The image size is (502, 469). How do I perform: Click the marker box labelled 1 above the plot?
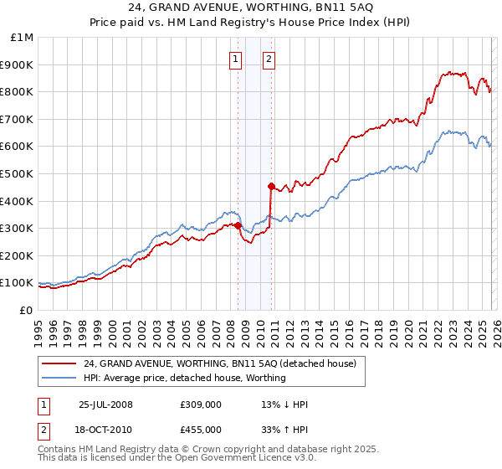tap(236, 59)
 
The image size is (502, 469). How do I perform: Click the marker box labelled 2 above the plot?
tap(269, 59)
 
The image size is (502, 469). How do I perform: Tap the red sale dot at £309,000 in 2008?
tap(238, 225)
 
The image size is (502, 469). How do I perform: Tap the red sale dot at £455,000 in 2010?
tap(271, 185)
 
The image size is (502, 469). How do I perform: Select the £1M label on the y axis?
tap(22, 37)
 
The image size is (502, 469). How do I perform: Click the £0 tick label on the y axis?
tap(25, 310)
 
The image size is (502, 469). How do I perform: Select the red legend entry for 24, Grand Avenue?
tap(220, 363)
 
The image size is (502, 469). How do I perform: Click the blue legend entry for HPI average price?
tap(184, 378)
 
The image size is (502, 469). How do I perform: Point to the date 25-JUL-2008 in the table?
tap(105, 405)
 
